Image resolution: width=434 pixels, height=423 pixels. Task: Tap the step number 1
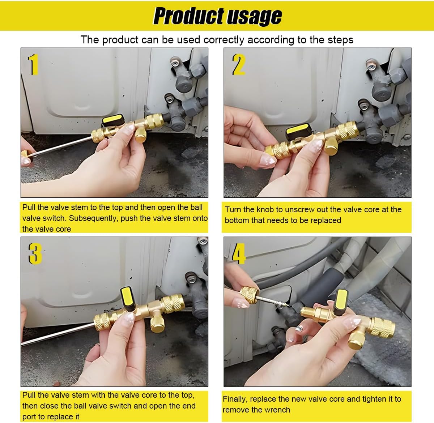(33, 65)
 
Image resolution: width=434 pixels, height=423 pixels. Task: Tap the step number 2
(239, 65)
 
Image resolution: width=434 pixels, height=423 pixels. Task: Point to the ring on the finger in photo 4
(298, 329)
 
